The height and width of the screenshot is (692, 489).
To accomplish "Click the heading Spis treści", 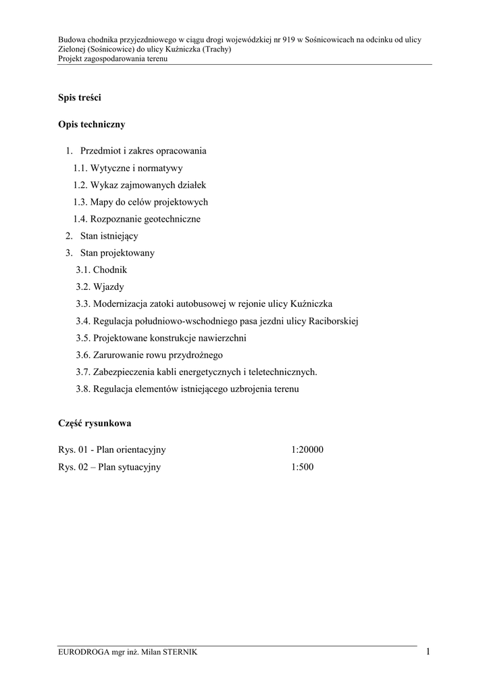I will coord(80,99).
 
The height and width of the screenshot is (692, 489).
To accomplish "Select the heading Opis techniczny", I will coord(92,125).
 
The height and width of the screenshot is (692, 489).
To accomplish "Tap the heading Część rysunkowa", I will coord(95,424).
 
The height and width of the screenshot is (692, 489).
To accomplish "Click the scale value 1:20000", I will coord(308,449).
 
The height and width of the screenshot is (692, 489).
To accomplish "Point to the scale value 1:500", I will coord(303,467).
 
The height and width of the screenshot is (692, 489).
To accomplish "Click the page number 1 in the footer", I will coord(428,651).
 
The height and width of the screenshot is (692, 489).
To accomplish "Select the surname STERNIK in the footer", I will coord(177,651).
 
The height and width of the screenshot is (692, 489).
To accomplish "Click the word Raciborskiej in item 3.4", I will coord(333,321).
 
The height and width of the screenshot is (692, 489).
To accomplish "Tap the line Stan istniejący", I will coord(108,236).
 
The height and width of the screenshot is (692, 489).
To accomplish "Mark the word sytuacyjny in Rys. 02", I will coord(140,467).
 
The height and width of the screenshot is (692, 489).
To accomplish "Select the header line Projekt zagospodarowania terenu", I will coord(113,59).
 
